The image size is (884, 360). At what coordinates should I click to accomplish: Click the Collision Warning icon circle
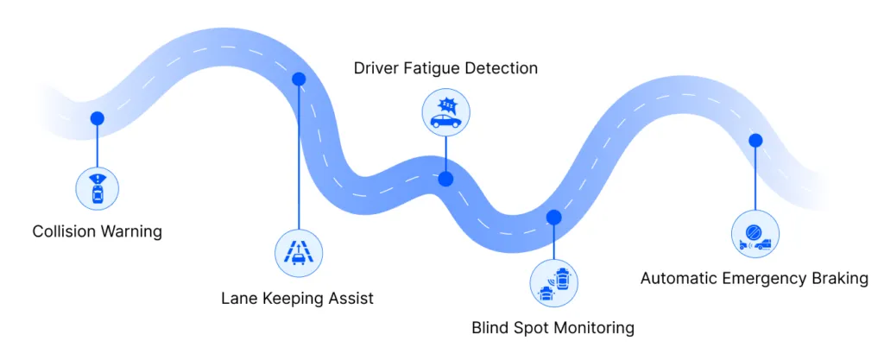click(x=98, y=188)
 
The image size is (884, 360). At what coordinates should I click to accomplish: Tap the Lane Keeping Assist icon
click(x=299, y=252)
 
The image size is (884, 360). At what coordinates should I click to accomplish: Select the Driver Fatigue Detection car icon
click(x=445, y=114)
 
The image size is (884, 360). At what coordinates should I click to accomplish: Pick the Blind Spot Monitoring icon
click(x=554, y=282)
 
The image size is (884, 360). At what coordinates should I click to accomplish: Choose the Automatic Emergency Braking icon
click(x=755, y=235)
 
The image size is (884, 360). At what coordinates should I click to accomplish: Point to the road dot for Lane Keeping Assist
click(x=299, y=79)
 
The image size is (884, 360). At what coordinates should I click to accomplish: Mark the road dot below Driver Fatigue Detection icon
click(x=445, y=179)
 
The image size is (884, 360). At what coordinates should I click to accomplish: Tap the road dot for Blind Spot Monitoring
click(x=554, y=217)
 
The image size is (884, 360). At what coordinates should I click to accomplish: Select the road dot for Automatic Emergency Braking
click(x=755, y=140)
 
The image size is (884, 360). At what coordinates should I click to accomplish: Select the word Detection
click(x=502, y=68)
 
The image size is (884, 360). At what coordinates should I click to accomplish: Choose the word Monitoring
click(x=593, y=328)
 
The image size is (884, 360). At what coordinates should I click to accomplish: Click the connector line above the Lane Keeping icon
click(x=299, y=155)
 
